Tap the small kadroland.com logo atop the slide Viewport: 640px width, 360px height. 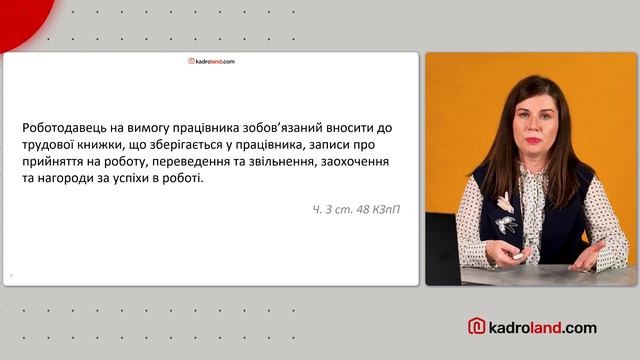tap(211, 61)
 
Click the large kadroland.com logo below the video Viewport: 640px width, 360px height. tap(532, 326)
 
